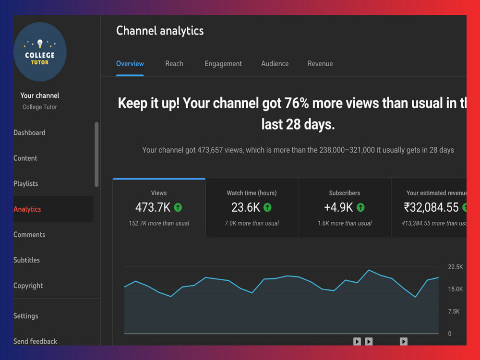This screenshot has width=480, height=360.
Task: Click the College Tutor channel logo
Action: point(40,52)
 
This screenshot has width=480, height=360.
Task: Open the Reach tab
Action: point(174,64)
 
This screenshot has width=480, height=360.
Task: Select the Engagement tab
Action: point(223,64)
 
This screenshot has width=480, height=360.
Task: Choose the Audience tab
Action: point(275,64)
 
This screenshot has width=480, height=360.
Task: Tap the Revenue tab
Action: point(320,64)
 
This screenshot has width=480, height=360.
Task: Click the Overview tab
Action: point(130,64)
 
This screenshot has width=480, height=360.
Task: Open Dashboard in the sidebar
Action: point(29,132)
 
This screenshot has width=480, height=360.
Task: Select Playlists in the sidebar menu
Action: point(26,184)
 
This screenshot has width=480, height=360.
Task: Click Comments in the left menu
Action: point(29,235)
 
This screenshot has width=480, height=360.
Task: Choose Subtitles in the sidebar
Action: point(26,260)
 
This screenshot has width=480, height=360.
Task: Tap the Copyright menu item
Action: point(28,286)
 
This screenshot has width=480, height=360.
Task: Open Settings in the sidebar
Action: point(26,316)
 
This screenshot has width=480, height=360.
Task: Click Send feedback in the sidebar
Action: point(35,341)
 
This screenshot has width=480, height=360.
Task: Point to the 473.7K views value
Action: point(153,207)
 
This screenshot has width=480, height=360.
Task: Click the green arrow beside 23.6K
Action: point(267,207)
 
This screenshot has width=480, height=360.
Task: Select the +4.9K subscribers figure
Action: point(338,207)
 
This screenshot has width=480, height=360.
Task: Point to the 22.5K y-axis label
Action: point(456,267)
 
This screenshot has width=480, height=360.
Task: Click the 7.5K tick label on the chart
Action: point(454,312)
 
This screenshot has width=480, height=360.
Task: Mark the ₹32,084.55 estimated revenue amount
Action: point(432,207)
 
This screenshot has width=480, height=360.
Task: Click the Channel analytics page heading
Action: point(160,31)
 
